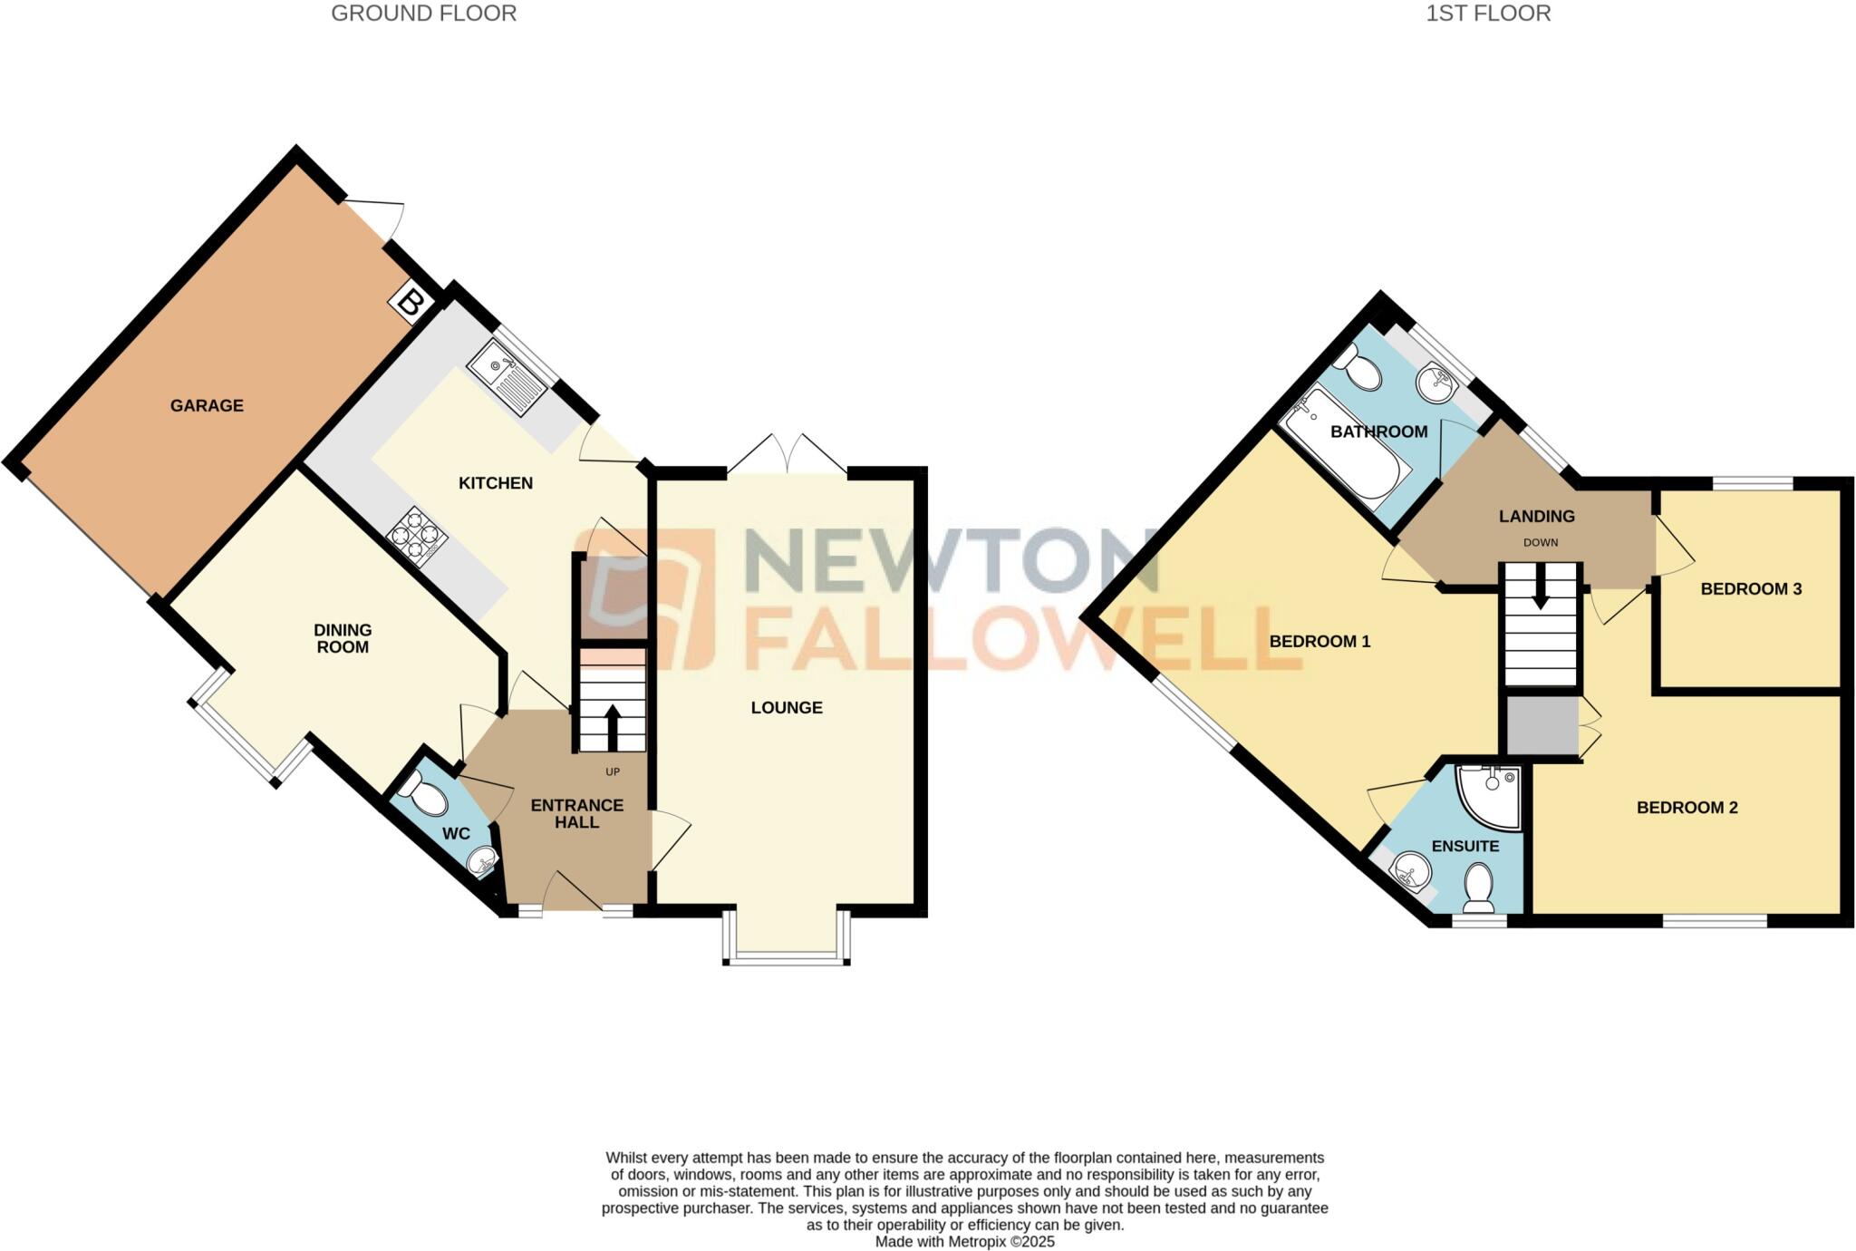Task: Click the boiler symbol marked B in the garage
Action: [x=409, y=303]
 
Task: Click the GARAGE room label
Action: [x=207, y=405]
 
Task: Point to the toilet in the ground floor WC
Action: [x=422, y=795]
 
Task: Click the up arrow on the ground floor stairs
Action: [x=612, y=725]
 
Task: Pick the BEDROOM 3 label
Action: [x=1750, y=589]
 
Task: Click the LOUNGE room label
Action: [x=787, y=708]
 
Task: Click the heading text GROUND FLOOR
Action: [x=423, y=14]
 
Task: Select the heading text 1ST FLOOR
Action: [x=1488, y=14]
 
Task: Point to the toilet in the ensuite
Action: [x=1479, y=887]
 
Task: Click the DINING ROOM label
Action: [x=343, y=638]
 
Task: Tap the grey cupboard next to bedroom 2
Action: [x=1542, y=725]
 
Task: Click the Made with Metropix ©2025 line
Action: [x=964, y=1242]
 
